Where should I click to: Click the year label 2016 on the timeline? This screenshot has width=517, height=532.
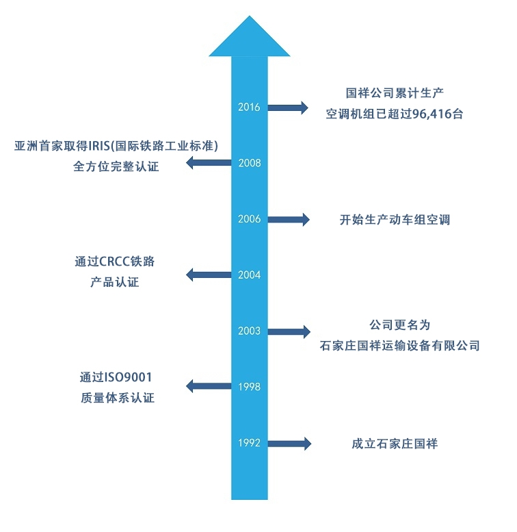coord(249,107)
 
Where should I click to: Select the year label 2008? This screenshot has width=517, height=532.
coord(249,163)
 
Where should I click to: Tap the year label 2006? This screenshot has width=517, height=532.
coord(249,219)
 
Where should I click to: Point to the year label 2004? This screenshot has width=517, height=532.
coord(249,275)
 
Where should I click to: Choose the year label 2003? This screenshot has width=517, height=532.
coord(249,331)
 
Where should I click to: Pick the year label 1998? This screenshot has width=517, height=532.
coord(249,387)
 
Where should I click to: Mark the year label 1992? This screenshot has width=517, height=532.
coord(249,443)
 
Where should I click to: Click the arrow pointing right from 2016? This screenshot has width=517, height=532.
coord(288,107)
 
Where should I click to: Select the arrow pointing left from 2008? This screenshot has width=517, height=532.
coord(209,163)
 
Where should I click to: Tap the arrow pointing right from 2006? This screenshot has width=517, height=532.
coord(288,219)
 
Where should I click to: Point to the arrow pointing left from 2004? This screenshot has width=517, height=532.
coord(209,275)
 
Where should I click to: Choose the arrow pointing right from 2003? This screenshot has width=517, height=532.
coord(288,331)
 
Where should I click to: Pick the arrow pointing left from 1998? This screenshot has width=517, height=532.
coord(209,387)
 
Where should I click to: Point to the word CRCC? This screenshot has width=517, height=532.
coord(116,262)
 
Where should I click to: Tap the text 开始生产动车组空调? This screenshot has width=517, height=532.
coord(395,220)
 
